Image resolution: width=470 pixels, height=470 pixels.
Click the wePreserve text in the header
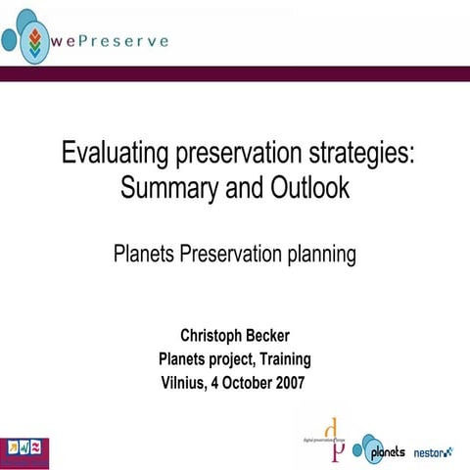[x=111, y=41]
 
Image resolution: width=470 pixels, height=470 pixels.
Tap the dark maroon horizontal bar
[x=235, y=74]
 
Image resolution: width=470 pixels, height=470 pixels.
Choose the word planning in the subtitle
[x=315, y=257]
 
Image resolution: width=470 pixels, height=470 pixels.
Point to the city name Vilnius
[x=183, y=382]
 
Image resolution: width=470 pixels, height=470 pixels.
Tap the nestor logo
[x=434, y=451]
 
